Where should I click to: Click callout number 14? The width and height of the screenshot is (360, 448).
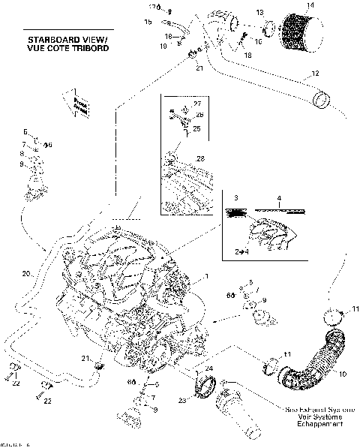[x=302, y=6]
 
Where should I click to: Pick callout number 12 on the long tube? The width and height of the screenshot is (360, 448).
[x=316, y=74]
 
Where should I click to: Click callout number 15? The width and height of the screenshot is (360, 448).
[x=148, y=23]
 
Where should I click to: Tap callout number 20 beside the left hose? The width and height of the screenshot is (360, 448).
[x=25, y=273]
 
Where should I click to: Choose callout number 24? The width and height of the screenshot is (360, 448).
[x=210, y=368]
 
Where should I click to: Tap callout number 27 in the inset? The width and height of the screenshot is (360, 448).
[x=197, y=103]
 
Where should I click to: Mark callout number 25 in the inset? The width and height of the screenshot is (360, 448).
[x=197, y=129]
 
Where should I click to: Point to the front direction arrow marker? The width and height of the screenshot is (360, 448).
[x=77, y=106]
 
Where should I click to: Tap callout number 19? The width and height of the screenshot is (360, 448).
[x=163, y=47]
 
